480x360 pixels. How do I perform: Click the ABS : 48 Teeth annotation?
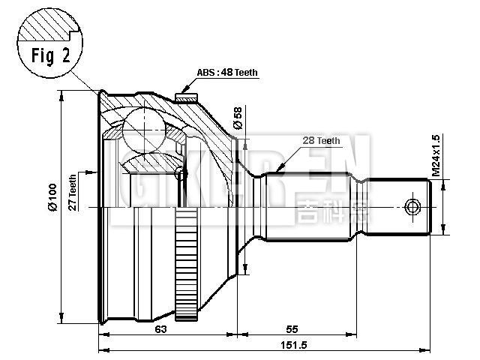[x=226, y=73]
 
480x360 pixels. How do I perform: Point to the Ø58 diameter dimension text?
[x=238, y=118]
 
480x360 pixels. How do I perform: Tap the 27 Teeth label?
[x=73, y=193]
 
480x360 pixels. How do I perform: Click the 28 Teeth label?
[x=321, y=140]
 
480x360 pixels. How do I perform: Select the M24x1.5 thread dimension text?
[x=436, y=156]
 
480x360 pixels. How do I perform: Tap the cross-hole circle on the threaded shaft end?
[x=411, y=206]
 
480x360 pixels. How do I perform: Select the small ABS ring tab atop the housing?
[x=184, y=94]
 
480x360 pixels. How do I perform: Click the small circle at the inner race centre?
[x=178, y=174]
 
